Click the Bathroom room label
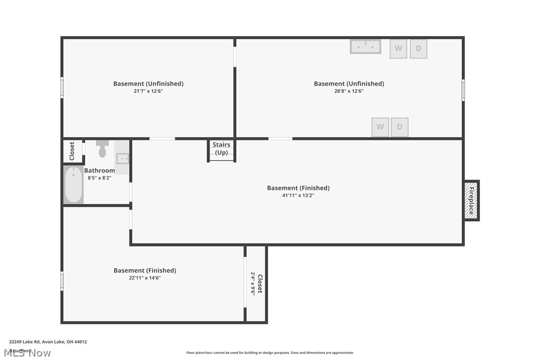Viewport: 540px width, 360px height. [99, 171]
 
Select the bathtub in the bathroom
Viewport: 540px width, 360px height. [74, 185]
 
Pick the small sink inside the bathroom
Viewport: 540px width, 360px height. [122, 159]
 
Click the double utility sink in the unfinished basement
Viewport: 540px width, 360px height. [365, 47]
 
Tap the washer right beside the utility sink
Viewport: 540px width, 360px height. [398, 49]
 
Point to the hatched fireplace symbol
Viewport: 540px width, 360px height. [471, 200]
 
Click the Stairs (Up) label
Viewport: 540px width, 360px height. [221, 149]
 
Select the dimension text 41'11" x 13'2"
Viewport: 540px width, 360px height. [298, 195]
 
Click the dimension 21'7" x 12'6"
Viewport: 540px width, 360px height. [148, 91]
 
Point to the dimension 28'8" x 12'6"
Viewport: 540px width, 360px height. [349, 91]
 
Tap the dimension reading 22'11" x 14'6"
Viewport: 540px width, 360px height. [145, 278]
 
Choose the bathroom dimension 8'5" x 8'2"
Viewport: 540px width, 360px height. [99, 178]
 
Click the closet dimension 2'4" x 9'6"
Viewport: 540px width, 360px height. [253, 284]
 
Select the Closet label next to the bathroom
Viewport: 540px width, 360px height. [72, 151]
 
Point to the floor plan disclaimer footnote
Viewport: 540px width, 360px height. [270, 353]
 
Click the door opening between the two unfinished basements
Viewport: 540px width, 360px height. [235, 56]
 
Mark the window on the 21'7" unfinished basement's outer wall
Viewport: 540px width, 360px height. [62, 88]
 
